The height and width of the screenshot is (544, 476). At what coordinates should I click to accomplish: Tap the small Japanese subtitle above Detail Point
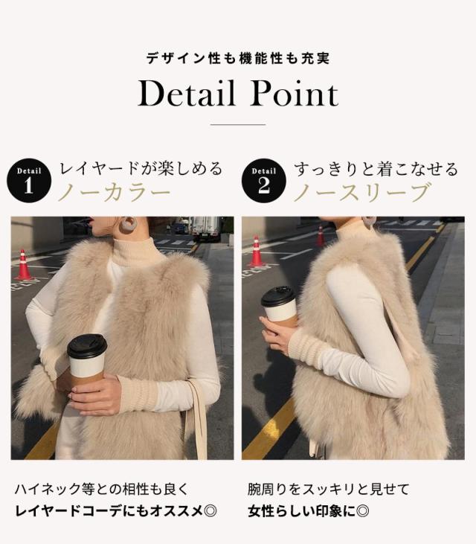coord(238,57)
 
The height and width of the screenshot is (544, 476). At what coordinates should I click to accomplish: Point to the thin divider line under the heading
coord(238,124)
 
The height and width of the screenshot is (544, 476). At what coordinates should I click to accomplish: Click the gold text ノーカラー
coord(115,193)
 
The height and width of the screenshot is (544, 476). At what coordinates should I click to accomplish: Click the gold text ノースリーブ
coord(361,193)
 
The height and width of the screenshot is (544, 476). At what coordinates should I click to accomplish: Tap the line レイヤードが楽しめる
coord(141,169)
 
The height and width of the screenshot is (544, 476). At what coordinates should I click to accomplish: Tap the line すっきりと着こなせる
coord(376,169)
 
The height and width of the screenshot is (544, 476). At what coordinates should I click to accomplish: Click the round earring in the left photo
coord(129,223)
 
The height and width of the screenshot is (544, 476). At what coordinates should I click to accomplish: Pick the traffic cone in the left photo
coord(24,265)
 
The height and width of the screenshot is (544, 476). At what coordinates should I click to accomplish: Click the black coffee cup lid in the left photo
coord(87,347)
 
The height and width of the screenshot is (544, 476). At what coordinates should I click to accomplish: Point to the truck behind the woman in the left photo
coord(205,228)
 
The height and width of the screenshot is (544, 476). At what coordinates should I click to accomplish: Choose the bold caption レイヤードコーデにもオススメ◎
coord(116,511)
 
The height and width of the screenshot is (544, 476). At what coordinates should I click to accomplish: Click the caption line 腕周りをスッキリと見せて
coord(328,490)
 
